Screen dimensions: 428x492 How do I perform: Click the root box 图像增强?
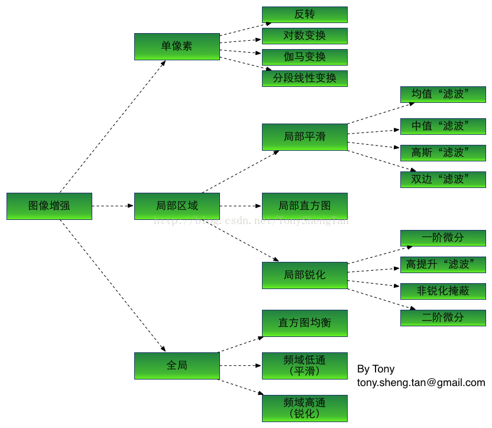tap(49, 206)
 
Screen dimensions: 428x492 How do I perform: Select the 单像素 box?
tap(177, 46)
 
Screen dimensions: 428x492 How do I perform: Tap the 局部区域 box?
tap(177, 206)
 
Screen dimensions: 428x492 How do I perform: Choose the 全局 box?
tap(177, 365)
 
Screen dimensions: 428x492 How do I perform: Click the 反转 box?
tap(305, 14)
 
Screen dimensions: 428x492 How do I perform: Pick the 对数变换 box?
tap(305, 35)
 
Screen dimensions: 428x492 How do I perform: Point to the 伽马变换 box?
tap(305, 57)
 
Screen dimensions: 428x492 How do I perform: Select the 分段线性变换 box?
tap(305, 78)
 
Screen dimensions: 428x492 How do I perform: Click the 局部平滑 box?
tap(305, 137)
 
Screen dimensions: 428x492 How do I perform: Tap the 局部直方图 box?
tap(305, 206)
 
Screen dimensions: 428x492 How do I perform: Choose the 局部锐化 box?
tap(305, 275)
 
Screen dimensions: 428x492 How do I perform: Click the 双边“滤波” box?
tap(443, 179)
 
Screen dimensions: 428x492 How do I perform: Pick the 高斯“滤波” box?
tap(443, 153)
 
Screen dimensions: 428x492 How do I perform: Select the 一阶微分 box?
tap(443, 238)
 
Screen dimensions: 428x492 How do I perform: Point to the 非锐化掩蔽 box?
tap(443, 291)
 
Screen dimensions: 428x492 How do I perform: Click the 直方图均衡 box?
tap(305, 323)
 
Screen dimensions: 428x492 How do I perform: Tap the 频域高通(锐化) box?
tap(305, 408)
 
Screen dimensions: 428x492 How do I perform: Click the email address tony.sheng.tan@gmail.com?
tap(421, 382)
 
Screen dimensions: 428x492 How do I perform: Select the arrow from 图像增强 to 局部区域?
tap(113, 206)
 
